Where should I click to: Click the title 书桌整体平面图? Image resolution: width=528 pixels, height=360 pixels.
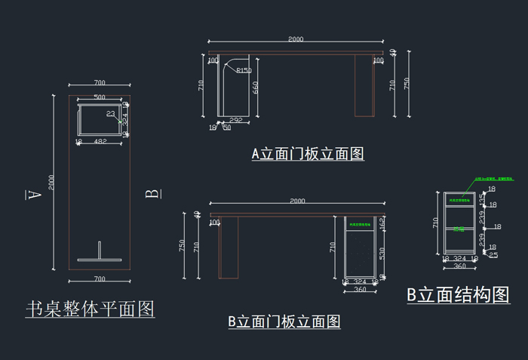pyautogui.click(x=91, y=309)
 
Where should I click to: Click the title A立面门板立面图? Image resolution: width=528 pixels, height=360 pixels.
pyautogui.click(x=308, y=154)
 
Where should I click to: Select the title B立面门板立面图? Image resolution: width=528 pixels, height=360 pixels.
pyautogui.click(x=284, y=322)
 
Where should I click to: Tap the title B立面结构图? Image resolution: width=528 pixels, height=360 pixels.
pyautogui.click(x=458, y=295)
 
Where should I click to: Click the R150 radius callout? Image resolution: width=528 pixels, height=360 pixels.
pyautogui.click(x=244, y=71)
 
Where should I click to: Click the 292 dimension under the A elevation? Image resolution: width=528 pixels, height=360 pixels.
pyautogui.click(x=235, y=120)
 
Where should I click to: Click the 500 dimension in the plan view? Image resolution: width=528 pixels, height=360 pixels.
pyautogui.click(x=100, y=98)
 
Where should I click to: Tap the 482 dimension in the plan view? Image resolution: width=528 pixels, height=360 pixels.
pyautogui.click(x=100, y=141)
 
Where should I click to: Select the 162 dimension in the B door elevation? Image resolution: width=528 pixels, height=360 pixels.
pyautogui.click(x=382, y=223)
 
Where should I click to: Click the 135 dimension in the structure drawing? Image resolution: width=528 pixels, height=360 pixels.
pyautogui.click(x=483, y=198)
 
